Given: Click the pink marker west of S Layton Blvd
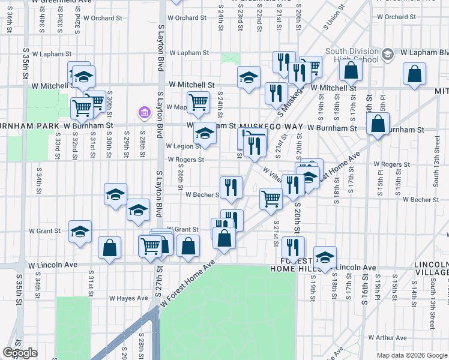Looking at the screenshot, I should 144,112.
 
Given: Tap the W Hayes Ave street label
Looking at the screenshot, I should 128,298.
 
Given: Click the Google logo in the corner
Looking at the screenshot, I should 20,353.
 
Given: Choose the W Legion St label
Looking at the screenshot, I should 183,146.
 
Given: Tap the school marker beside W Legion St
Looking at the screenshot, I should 205,134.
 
